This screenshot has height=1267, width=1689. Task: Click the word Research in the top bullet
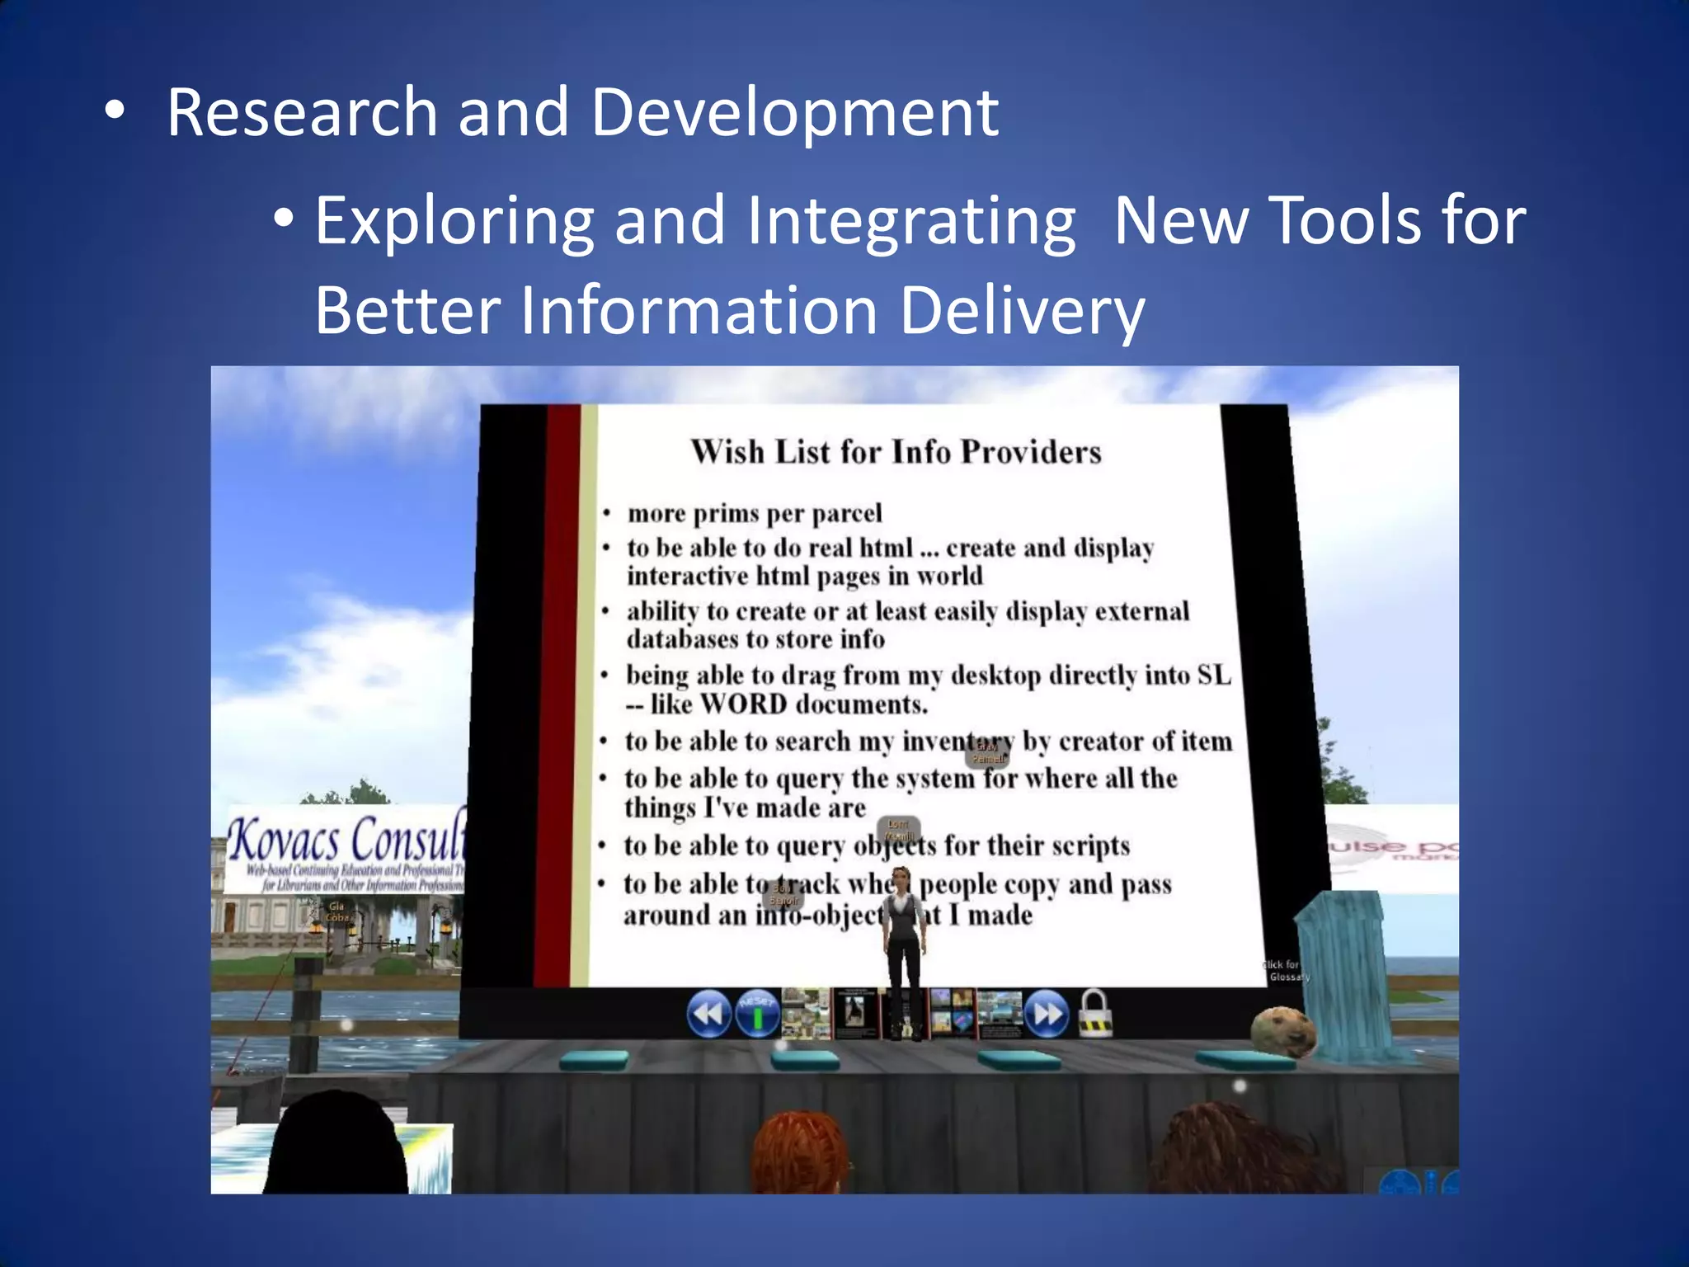tap(302, 113)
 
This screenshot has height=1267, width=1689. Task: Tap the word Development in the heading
tap(794, 113)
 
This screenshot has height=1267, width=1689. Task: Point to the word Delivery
tap(1021, 311)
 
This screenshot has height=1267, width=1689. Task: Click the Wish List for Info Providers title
tap(896, 452)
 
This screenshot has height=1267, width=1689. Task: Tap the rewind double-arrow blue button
tap(708, 1013)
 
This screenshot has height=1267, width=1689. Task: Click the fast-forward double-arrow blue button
tap(1047, 1013)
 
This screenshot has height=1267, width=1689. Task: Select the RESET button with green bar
tap(757, 1013)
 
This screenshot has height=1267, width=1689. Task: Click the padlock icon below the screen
tap(1096, 1015)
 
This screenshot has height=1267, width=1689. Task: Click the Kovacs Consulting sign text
tap(346, 840)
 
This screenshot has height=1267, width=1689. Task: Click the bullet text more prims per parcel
tap(754, 514)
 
